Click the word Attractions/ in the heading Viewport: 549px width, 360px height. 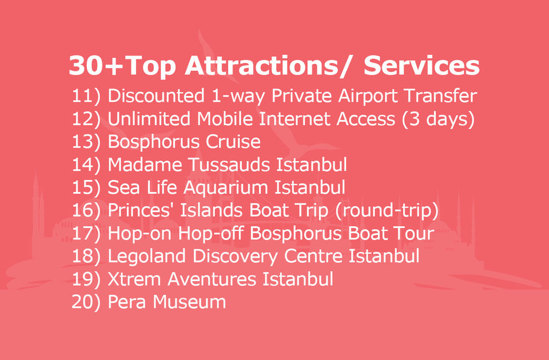[x=267, y=65]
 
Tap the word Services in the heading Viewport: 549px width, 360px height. [x=421, y=65]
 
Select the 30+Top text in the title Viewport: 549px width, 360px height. [x=122, y=66]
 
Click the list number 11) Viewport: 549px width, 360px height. [x=86, y=96]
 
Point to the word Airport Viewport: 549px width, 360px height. [x=368, y=96]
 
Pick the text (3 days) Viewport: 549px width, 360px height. [x=438, y=119]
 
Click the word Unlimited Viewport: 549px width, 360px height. [x=149, y=119]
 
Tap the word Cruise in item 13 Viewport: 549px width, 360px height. [x=233, y=142]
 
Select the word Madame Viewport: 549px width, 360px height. [x=145, y=165]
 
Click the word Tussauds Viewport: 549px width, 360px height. [x=229, y=165]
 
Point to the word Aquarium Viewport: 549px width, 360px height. [x=226, y=188]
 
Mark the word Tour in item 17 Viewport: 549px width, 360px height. [x=413, y=233]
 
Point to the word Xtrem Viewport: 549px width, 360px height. [x=134, y=279]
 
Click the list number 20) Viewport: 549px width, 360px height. [x=86, y=302]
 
